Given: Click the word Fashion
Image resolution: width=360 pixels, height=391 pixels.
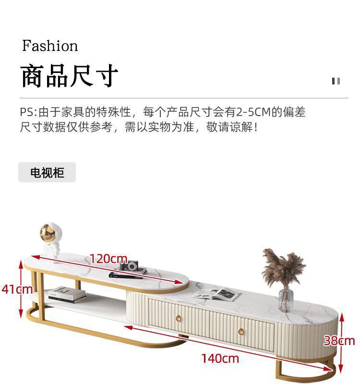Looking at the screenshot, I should (50, 46).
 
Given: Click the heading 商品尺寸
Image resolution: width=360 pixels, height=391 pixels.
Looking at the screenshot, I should (70, 75).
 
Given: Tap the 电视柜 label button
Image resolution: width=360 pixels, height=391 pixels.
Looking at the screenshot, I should (47, 173).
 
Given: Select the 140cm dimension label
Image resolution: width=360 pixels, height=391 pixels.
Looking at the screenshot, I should (220, 358).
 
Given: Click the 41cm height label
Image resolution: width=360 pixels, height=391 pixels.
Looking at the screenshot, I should (16, 289).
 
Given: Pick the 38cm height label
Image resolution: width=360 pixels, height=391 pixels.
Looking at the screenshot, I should (339, 341).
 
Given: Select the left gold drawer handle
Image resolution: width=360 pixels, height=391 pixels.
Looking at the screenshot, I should (179, 318).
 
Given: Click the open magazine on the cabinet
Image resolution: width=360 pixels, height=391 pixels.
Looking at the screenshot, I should (217, 294).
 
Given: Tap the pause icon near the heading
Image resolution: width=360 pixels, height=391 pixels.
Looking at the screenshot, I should (336, 81).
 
